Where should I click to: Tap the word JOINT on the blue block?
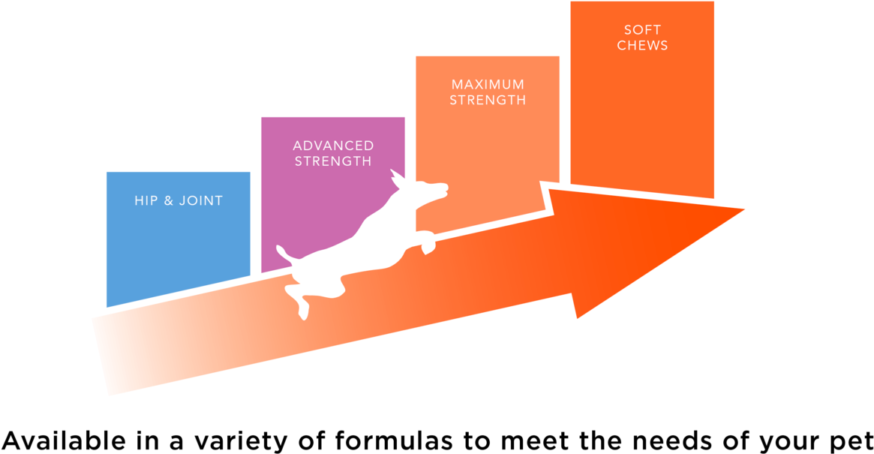tap(201, 201)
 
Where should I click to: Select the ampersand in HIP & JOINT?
tap(169, 201)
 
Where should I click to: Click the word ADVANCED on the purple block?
tap(333, 146)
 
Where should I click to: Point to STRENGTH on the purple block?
tap(333, 161)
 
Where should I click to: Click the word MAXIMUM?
tap(488, 85)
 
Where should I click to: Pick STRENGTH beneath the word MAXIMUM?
tap(488, 100)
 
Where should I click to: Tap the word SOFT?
tap(642, 30)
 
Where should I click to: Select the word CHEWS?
tap(642, 45)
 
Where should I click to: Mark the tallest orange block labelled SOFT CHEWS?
tap(642, 113)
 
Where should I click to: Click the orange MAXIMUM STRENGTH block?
tap(488, 150)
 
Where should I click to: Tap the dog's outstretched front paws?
tap(427, 243)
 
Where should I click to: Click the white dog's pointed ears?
tap(395, 178)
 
